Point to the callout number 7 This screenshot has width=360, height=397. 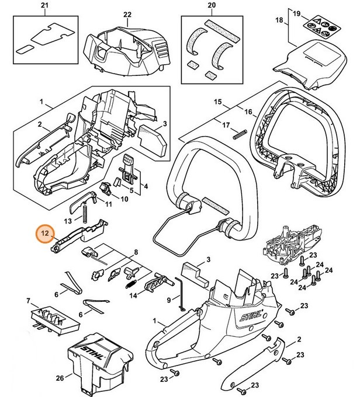(27, 301)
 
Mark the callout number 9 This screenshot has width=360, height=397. (169, 300)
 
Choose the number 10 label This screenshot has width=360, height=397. (124, 198)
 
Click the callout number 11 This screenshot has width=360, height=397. (108, 204)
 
